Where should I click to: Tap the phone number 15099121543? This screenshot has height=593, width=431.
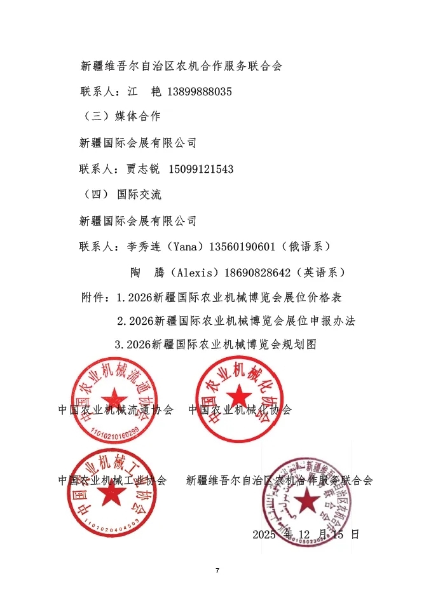tap(201, 169)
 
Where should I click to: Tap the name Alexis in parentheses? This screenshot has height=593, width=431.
tap(197, 272)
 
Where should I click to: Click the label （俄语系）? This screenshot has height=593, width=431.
tap(308, 247)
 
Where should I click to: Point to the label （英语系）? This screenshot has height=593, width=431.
tap(324, 272)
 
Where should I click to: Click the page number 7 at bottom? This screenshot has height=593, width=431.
tap(217, 570)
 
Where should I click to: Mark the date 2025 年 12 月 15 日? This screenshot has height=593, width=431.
tap(306, 534)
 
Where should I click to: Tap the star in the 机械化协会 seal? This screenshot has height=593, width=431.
tap(239, 397)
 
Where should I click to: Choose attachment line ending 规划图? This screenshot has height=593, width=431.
tap(215, 344)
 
